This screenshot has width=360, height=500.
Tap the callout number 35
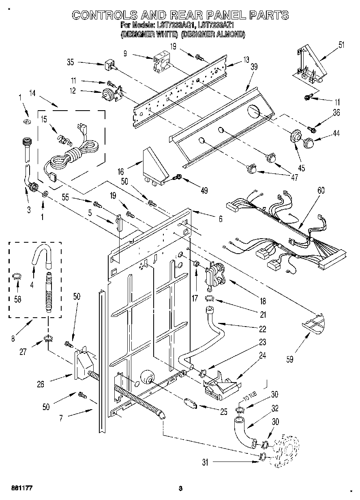pos(70,62)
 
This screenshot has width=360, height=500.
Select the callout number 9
pos(125,53)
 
